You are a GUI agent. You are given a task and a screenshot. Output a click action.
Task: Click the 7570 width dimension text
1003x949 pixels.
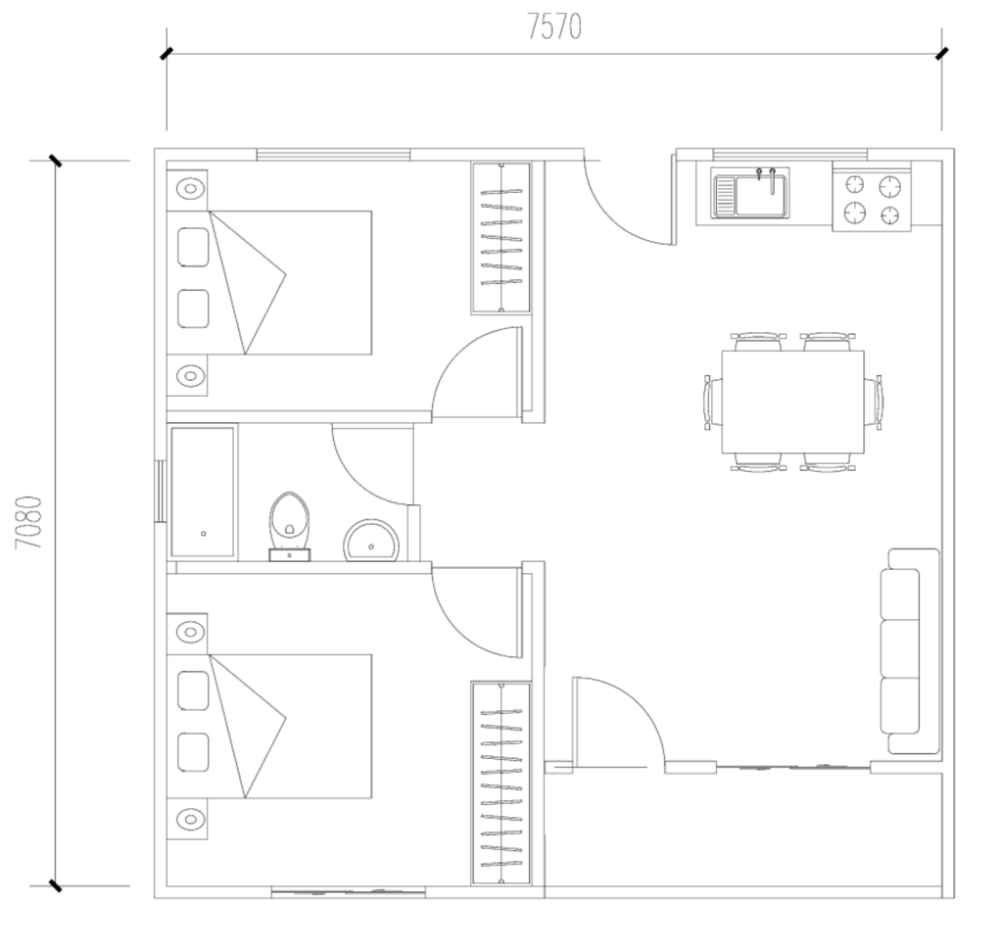coord(554,27)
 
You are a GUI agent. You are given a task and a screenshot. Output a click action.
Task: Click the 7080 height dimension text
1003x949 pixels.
coord(29,522)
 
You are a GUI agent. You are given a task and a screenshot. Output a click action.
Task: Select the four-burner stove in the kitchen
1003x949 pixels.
coord(871,199)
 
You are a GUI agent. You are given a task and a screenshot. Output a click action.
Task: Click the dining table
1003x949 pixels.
coord(792,402)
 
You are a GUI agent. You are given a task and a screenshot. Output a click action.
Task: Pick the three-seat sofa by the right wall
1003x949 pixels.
coord(910,651)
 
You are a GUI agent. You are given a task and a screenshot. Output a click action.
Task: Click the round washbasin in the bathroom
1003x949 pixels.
coord(371,541)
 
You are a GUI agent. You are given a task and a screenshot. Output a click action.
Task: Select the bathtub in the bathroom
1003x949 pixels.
coord(202,492)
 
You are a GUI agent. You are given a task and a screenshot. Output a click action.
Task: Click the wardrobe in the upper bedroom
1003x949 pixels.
coord(501,239)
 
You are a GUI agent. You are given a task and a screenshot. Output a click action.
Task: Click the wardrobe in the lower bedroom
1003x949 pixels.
coord(501,783)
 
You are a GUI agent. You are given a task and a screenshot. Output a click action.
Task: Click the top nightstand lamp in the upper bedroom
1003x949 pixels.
coord(190,189)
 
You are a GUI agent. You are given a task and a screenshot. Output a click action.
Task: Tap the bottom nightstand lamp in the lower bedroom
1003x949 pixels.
coord(190,819)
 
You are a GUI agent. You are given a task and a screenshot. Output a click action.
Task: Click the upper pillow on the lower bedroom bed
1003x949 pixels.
coord(193,690)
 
